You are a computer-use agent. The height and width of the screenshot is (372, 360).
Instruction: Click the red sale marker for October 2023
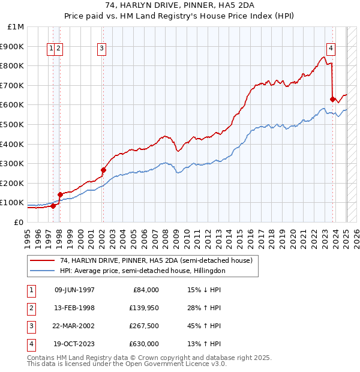[x=332, y=99]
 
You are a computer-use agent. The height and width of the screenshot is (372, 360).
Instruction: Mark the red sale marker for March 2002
[x=103, y=170]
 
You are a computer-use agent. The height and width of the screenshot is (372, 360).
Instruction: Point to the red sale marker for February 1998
[x=60, y=194]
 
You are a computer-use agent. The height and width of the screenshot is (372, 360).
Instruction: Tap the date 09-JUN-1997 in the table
[x=74, y=290]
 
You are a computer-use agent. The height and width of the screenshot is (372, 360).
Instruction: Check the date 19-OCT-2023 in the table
[x=74, y=344]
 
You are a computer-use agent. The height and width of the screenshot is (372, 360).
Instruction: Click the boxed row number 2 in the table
[x=31, y=308]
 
